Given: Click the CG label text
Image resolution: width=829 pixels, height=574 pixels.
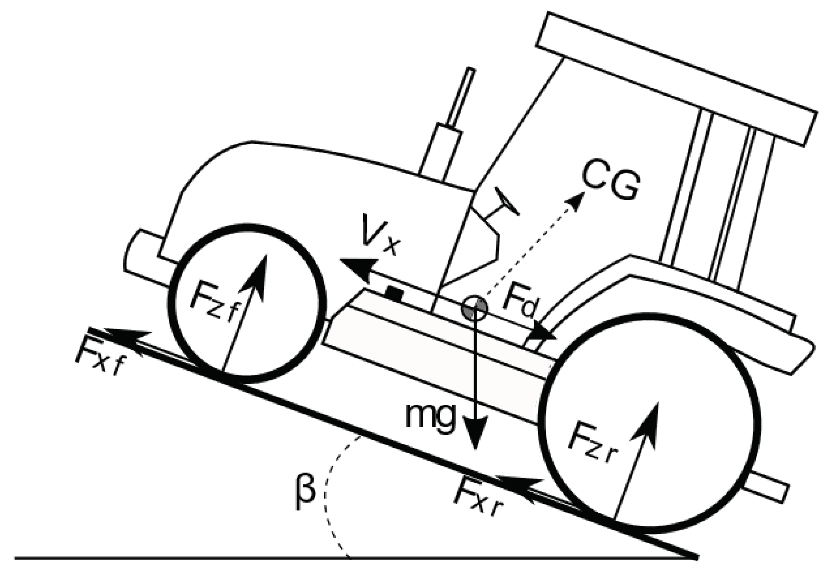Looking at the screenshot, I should tap(610, 184).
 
